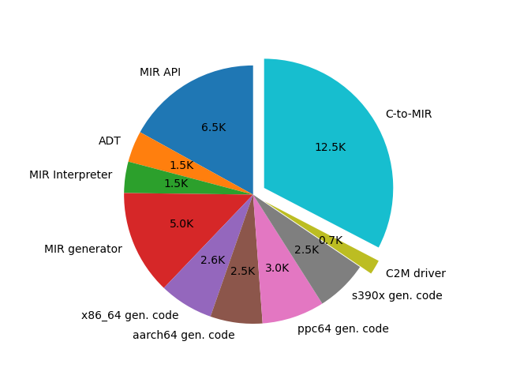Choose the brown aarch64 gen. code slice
tap(238, 296)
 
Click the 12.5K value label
tap(330, 148)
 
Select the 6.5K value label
tap(213, 128)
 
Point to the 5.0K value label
tap(181, 224)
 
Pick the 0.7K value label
tap(331, 241)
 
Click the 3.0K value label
tap(277, 268)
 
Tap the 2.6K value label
tap(212, 261)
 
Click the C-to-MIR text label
tap(409, 114)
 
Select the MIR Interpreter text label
tap(71, 175)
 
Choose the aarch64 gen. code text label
tap(184, 336)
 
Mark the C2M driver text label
tap(416, 274)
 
